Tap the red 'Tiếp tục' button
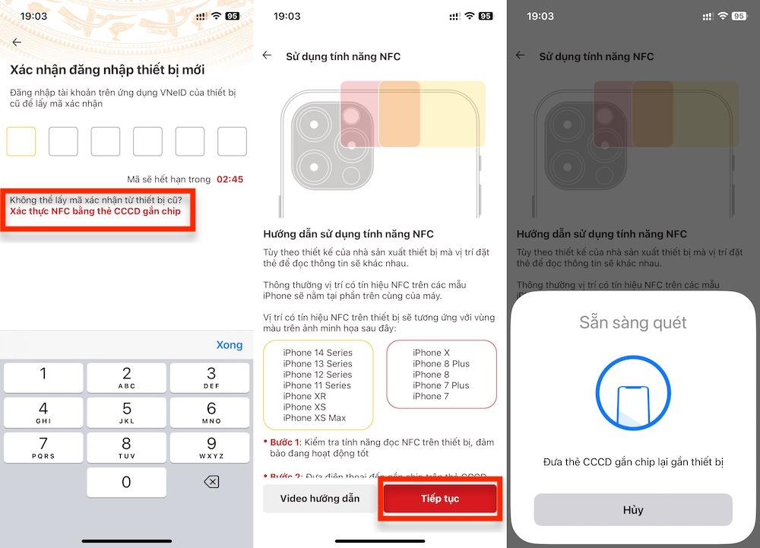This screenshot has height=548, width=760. [440, 499]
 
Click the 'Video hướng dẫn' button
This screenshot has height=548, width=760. [319, 499]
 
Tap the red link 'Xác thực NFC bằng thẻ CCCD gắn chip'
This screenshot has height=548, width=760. [95, 211]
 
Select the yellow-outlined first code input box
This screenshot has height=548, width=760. [21, 141]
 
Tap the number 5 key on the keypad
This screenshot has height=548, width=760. [126, 411]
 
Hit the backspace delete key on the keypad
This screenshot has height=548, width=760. [211, 482]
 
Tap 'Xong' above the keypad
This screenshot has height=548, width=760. [229, 344]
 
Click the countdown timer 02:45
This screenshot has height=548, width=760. [230, 179]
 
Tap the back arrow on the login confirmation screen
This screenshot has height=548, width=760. [17, 43]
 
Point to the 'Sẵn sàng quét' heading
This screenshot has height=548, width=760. [632, 322]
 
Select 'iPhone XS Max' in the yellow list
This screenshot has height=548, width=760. [314, 418]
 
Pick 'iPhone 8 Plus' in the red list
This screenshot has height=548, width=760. [441, 363]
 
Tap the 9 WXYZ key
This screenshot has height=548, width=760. [211, 446]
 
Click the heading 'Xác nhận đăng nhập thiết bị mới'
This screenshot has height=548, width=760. [107, 69]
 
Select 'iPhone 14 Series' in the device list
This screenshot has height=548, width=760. [318, 353]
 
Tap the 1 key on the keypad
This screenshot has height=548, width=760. [43, 376]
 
